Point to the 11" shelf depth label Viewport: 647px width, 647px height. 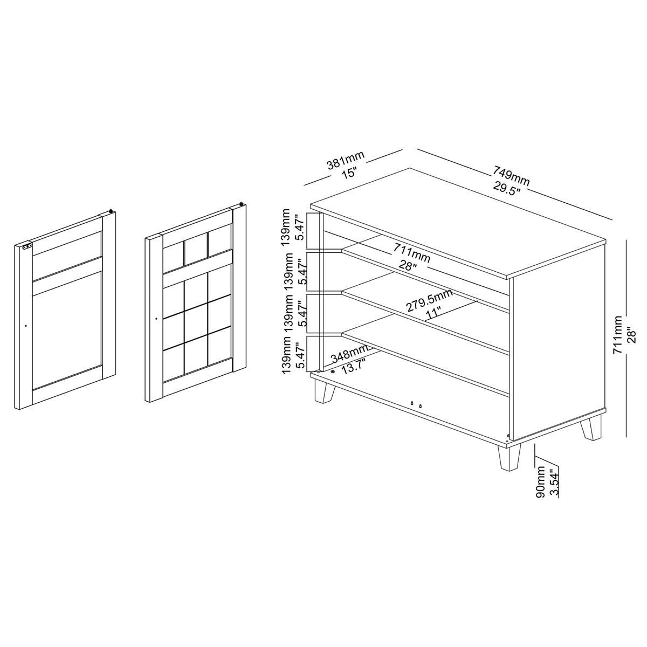click(x=433, y=314)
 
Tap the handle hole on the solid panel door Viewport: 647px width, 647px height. click(x=26, y=325)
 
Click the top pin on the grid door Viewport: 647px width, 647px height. click(x=242, y=203)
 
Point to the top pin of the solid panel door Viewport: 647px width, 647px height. click(x=111, y=210)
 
